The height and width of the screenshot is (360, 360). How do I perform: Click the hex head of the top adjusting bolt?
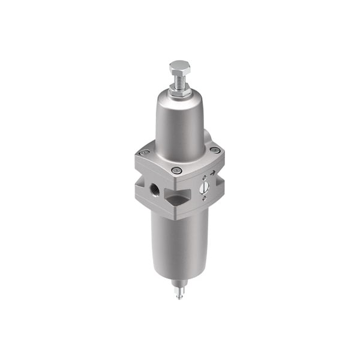tap(179, 66)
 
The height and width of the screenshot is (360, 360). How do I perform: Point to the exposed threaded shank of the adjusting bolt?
tap(179, 79)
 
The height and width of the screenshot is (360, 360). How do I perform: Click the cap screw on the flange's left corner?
tap(143, 153)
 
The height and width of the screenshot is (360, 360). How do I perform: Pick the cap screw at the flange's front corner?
tap(176, 171)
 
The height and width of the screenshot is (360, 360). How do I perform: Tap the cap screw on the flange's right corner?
tap(214, 150)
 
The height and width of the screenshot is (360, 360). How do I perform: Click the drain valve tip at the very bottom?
tap(179, 295)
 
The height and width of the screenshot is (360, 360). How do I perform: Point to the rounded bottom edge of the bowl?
tap(179, 274)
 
